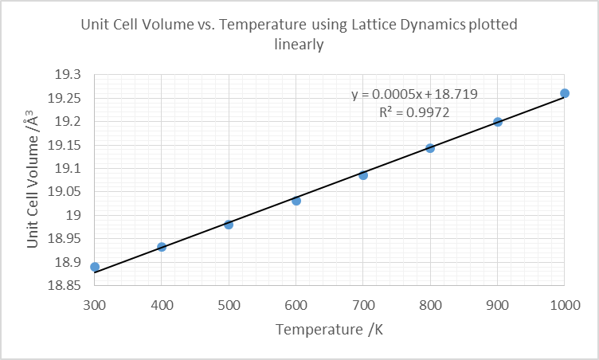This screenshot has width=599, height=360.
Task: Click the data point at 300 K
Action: coord(95,267)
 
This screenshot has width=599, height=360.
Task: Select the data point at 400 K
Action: coord(162,247)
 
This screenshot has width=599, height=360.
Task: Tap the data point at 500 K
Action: coord(229,225)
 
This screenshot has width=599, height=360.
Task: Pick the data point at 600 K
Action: coord(296,201)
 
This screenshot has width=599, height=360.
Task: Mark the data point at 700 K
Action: coord(363,175)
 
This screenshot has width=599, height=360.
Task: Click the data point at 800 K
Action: coord(430,148)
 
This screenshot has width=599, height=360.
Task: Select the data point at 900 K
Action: coord(498,122)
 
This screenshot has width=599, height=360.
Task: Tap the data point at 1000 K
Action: coord(565,93)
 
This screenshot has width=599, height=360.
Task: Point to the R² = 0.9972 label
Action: coord(415,113)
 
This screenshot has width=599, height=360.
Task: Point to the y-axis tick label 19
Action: coord(74,216)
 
